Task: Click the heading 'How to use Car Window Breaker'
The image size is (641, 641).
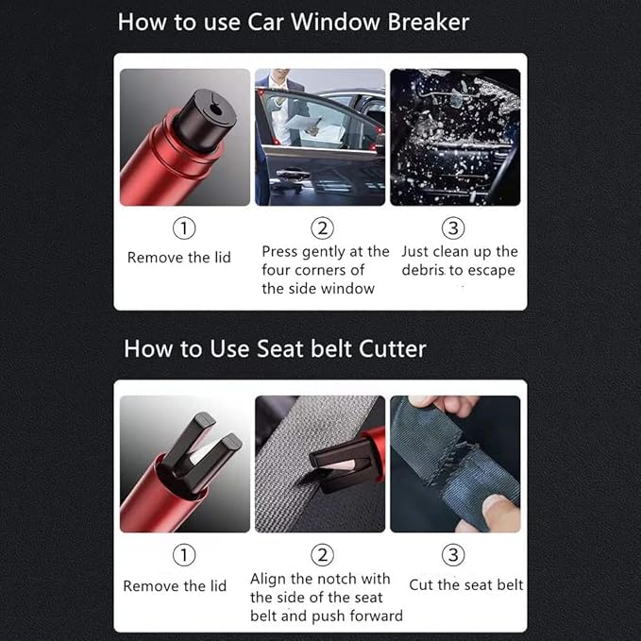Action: (293, 23)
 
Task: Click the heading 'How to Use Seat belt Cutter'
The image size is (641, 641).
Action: (275, 348)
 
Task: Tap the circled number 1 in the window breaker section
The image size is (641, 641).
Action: (186, 228)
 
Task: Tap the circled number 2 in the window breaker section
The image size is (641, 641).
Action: (322, 228)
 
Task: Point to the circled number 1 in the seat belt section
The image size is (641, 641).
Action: (186, 555)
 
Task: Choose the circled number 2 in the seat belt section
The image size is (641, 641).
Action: (322, 555)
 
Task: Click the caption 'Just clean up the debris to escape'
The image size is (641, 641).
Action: (460, 261)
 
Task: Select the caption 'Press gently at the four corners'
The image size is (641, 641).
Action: (325, 270)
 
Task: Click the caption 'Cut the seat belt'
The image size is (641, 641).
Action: (465, 585)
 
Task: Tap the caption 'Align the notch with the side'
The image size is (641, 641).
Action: (326, 597)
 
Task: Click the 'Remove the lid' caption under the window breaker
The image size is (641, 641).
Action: (178, 258)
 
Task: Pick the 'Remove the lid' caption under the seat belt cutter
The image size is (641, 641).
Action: (175, 586)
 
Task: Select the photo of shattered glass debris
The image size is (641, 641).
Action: (454, 137)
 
